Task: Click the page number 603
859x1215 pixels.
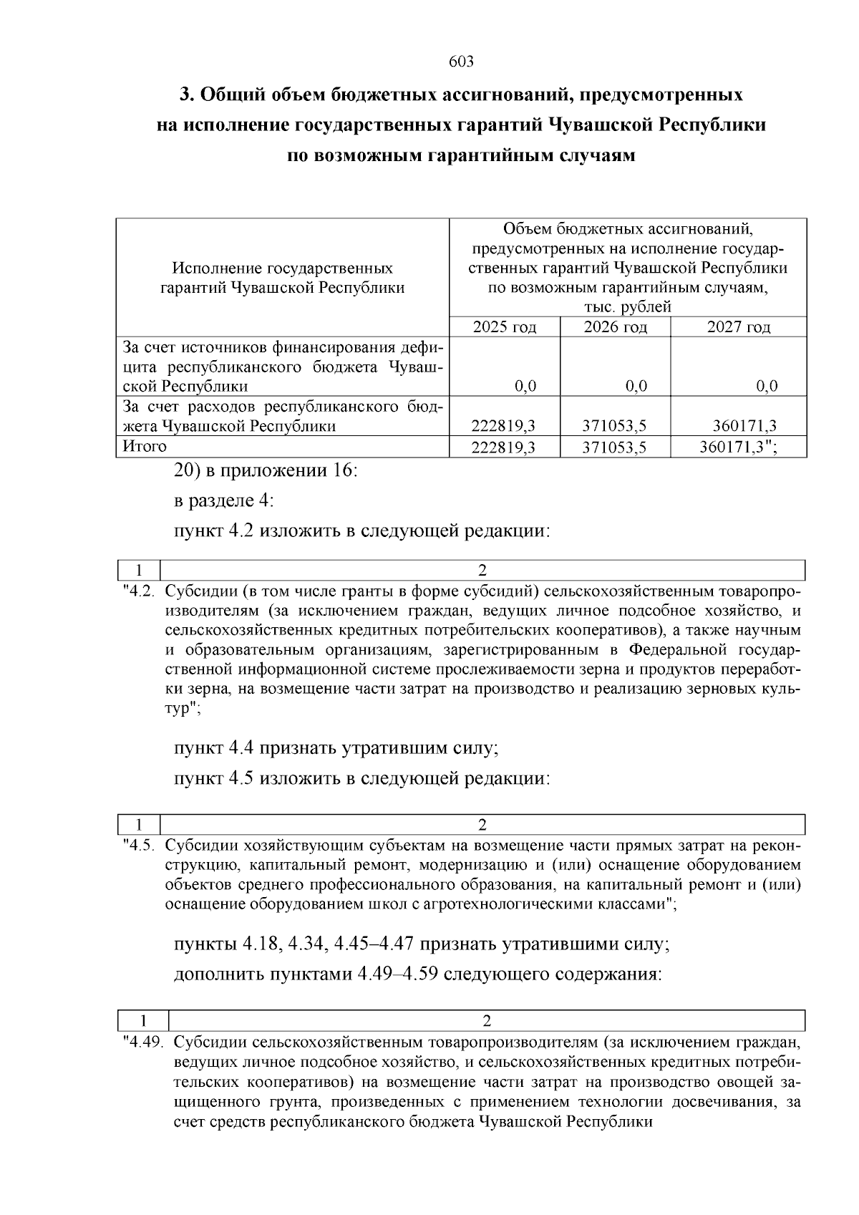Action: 461,62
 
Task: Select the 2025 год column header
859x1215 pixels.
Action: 504,327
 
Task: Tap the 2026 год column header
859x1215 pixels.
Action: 615,327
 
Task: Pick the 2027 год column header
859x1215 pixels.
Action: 738,327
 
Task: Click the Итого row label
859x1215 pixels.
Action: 145,447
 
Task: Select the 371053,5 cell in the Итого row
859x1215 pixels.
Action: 615,447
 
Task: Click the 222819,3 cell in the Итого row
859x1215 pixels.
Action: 504,447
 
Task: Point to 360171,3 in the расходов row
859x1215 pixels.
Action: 744,427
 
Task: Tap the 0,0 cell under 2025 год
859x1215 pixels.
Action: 525,387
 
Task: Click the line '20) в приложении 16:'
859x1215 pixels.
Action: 266,471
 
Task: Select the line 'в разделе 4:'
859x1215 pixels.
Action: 224,501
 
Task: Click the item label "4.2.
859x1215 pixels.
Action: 138,592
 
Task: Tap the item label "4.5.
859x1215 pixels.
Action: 138,845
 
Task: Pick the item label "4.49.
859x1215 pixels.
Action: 142,1042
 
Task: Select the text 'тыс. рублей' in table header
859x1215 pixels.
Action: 628,308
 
